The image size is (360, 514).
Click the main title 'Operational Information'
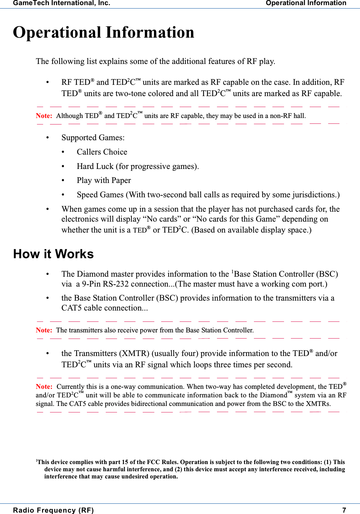103,33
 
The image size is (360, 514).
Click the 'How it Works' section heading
53,254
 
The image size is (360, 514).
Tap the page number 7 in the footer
344,510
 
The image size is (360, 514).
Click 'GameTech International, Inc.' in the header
62,3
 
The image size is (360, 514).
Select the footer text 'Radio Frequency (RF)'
53,510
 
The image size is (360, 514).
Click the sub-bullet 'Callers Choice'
102,152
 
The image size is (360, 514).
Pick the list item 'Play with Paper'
104,180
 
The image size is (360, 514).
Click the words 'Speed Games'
100,195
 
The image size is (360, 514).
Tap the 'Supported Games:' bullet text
93,137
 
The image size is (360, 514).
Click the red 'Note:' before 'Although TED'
44,116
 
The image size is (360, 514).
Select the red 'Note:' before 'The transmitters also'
44,330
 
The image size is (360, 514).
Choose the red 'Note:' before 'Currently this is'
44,386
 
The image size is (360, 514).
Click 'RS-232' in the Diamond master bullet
116,284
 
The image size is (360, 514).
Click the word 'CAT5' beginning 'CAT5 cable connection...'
72,308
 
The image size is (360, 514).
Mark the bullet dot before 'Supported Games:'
48,137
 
